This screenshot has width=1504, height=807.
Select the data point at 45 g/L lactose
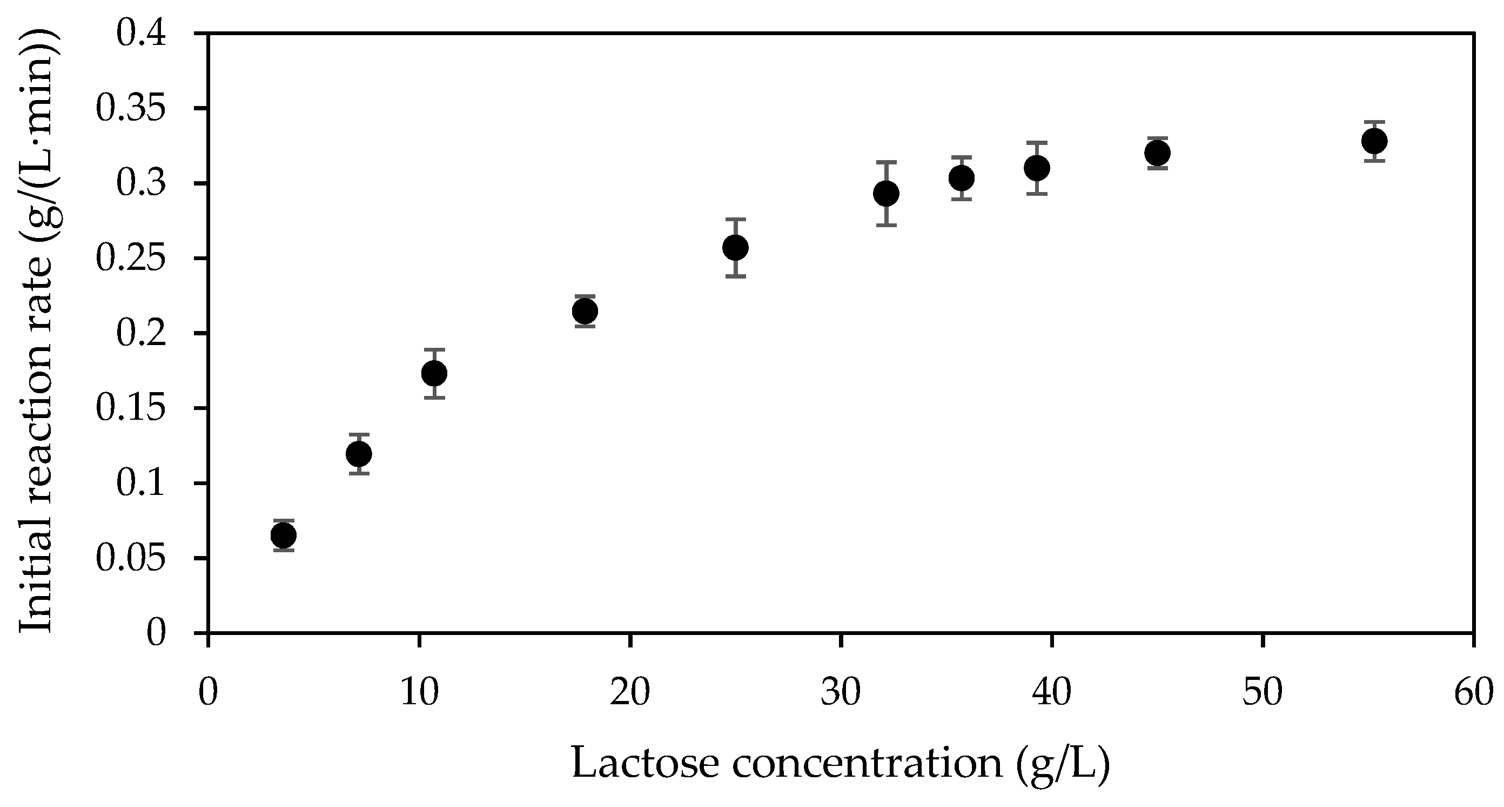tap(1157, 153)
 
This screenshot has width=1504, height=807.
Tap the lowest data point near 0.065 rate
tap(284, 535)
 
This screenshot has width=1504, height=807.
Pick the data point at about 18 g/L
tap(585, 311)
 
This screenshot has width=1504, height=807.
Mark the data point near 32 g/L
tap(887, 194)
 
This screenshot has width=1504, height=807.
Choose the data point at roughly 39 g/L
tap(1037, 168)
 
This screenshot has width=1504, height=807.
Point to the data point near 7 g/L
tap(359, 453)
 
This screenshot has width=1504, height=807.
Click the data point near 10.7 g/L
tap(434, 373)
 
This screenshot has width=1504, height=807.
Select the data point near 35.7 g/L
tap(962, 177)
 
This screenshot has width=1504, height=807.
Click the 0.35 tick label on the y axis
tap(131, 109)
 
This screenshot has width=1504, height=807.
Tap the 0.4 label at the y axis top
tap(142, 34)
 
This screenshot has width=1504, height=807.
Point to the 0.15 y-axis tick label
tap(131, 408)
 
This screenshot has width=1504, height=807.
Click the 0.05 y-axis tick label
tap(131, 558)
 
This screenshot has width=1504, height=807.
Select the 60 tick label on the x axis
tap(1473, 692)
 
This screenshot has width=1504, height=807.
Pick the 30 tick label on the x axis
tap(841, 692)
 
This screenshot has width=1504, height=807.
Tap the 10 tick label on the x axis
tap(419, 692)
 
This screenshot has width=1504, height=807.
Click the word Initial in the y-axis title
tap(36, 576)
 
